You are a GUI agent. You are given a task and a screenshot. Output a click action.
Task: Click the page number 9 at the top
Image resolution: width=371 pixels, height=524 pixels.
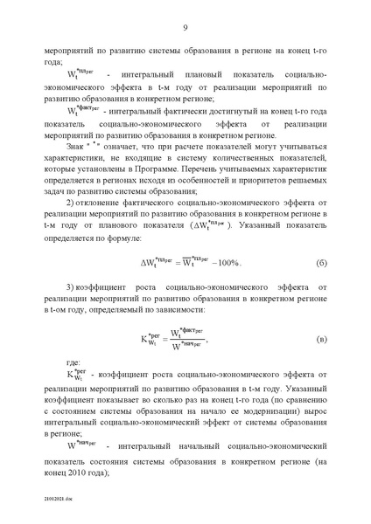click(185, 29)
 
